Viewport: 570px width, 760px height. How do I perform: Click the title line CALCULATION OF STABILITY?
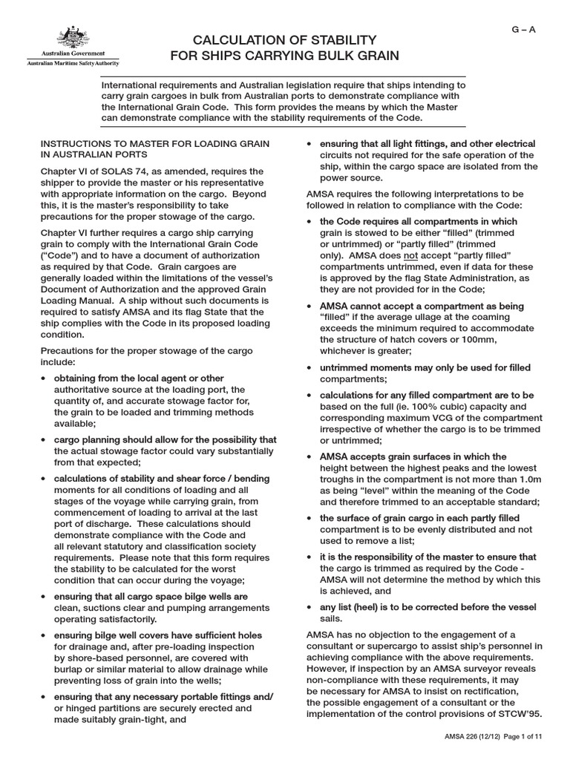tap(285, 39)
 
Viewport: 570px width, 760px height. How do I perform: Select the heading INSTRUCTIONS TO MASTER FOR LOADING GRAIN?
tap(155, 142)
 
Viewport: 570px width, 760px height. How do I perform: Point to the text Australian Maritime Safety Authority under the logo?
tap(67, 64)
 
